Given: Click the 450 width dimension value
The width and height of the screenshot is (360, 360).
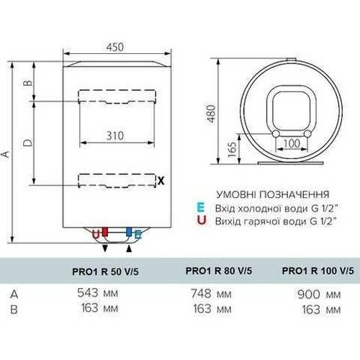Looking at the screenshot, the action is click(115, 47).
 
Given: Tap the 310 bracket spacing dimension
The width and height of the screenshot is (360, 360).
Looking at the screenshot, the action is click(115, 136).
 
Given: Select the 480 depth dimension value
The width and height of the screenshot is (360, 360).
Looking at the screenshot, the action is click(211, 114).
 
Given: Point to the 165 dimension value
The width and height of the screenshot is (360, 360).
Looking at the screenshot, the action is click(232, 150).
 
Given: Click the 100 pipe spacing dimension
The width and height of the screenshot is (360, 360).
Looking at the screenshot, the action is click(292, 143).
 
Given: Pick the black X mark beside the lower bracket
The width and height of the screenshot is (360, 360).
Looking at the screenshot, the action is click(161, 181).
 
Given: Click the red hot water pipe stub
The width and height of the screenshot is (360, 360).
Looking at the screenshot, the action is click(105, 232).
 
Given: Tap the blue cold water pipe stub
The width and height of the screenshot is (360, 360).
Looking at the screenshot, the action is click(129, 232).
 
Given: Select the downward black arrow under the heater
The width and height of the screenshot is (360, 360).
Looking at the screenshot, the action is click(105, 248).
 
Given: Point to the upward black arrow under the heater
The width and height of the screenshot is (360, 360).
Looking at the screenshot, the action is click(129, 249).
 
